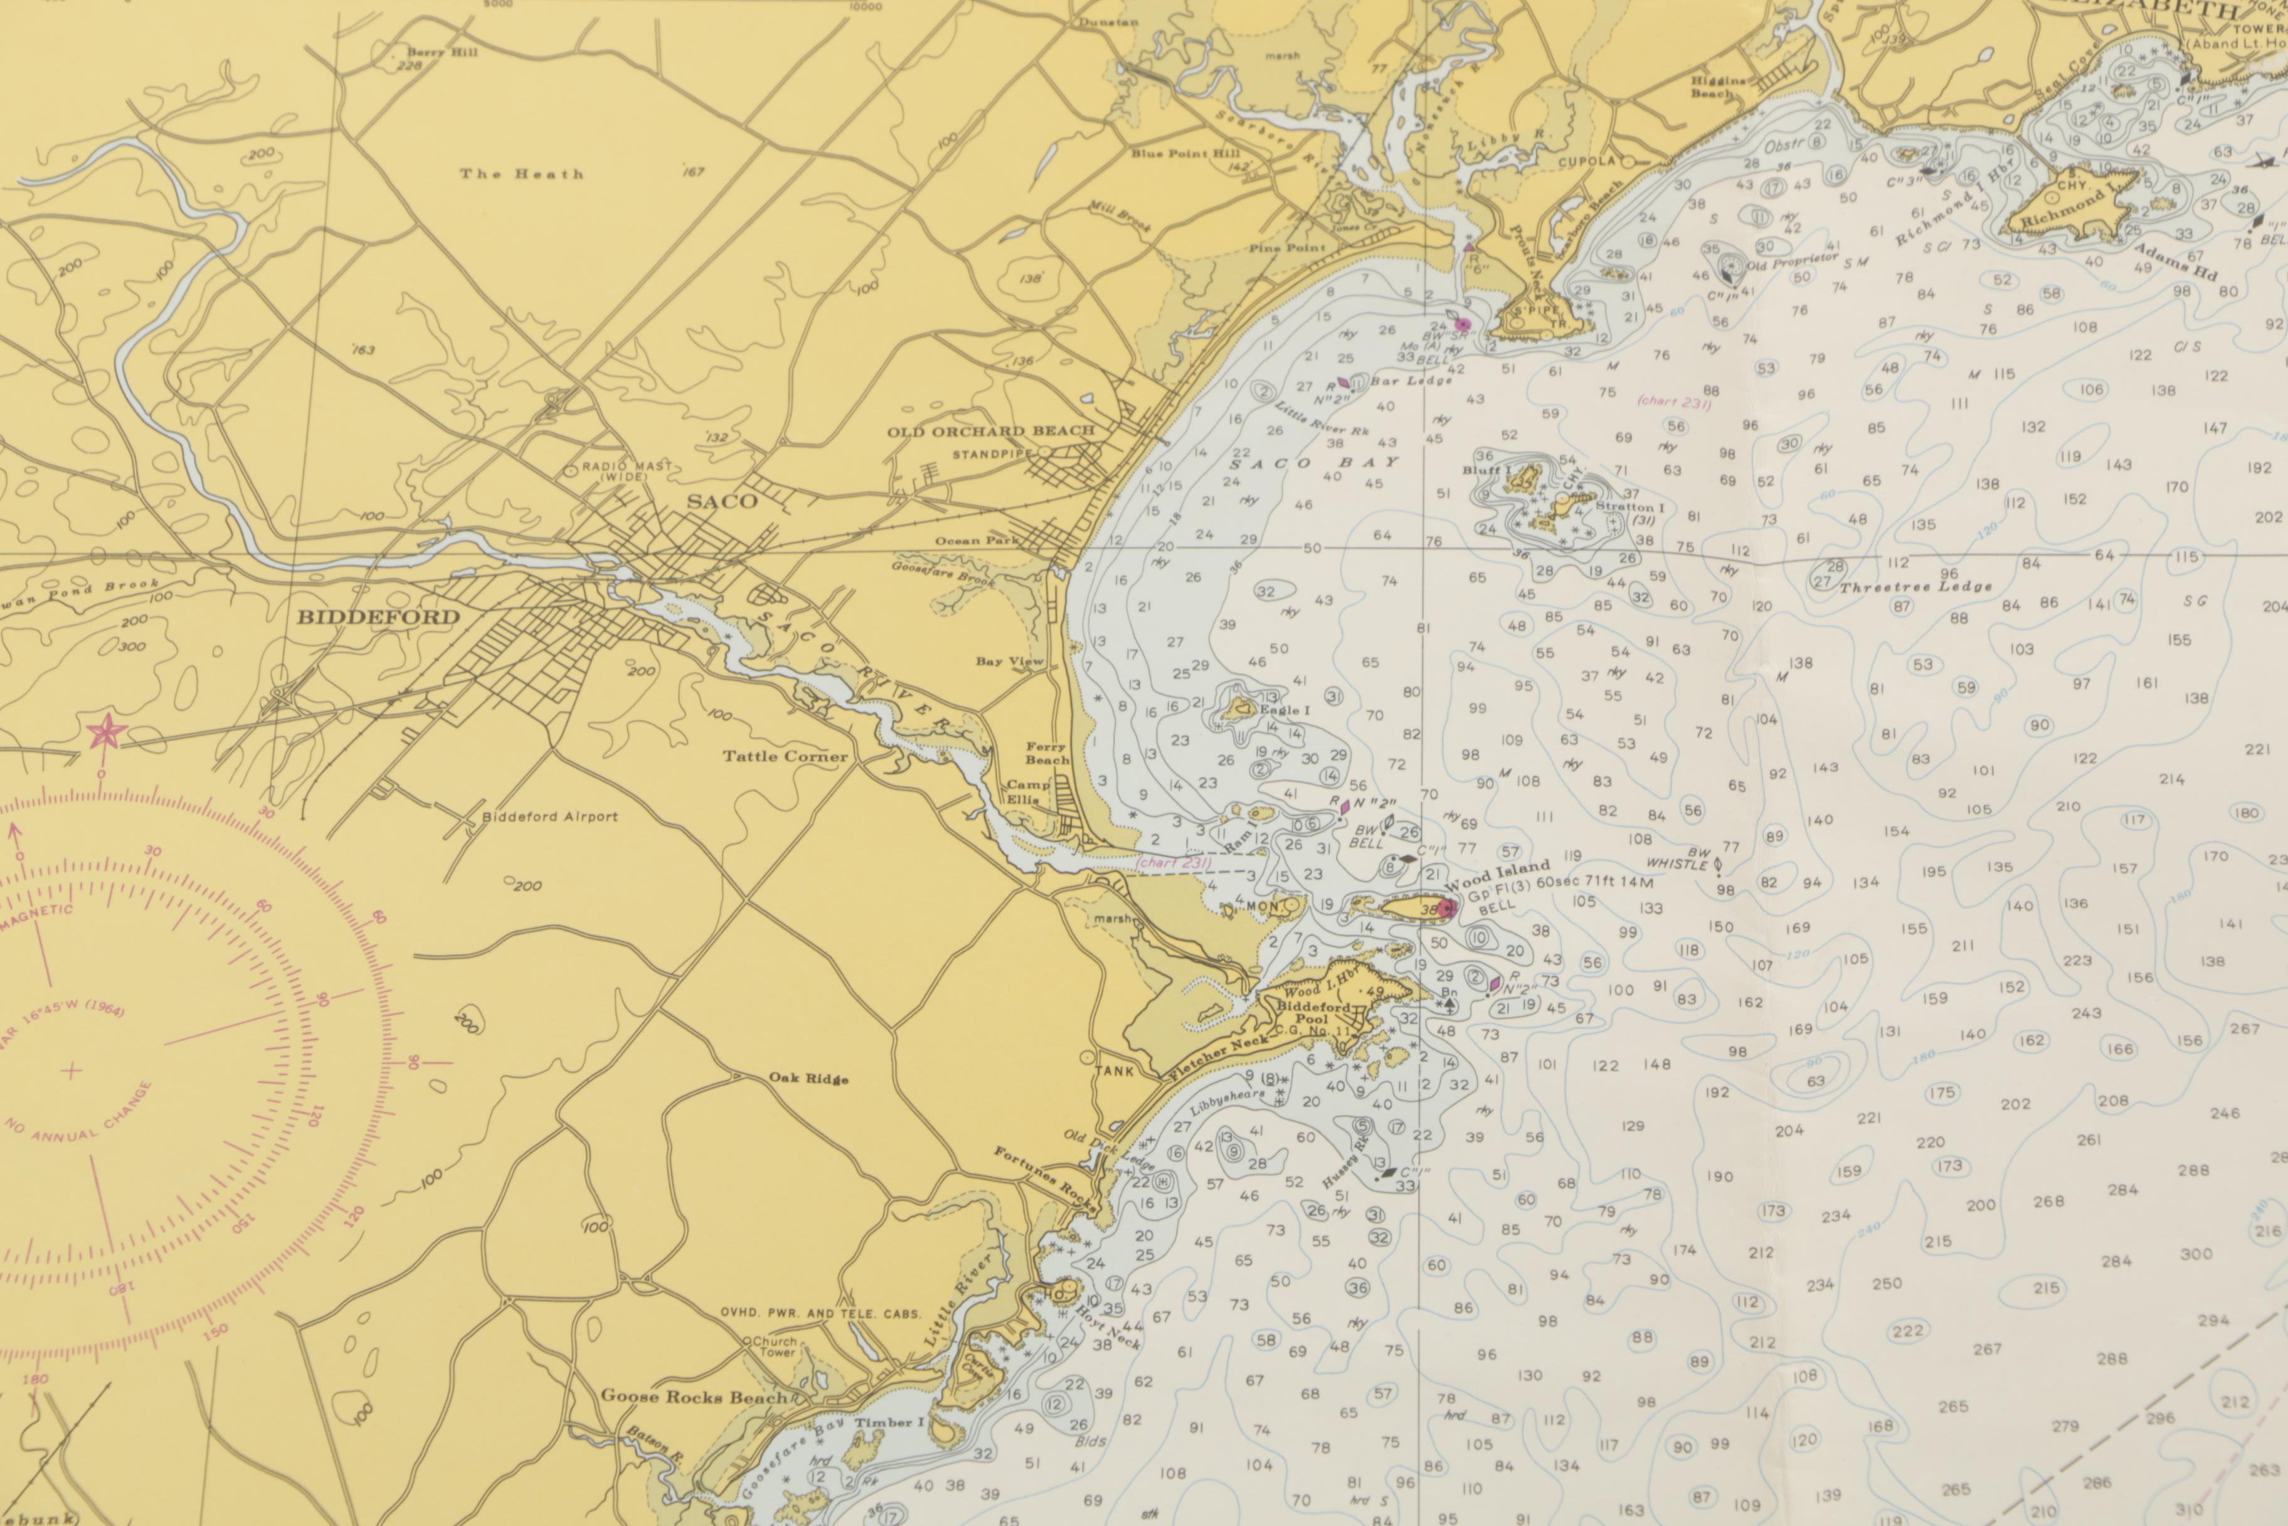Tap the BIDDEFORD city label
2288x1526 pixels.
click(x=378, y=617)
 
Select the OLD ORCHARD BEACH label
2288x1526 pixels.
click(x=990, y=431)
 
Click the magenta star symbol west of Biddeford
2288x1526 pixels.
click(x=105, y=731)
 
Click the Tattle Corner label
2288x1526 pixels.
click(x=785, y=756)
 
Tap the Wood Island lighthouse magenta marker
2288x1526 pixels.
click(x=1448, y=910)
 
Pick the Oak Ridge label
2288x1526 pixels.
click(x=808, y=1079)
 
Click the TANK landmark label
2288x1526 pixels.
click(x=1114, y=1072)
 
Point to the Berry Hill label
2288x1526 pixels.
click(x=443, y=53)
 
